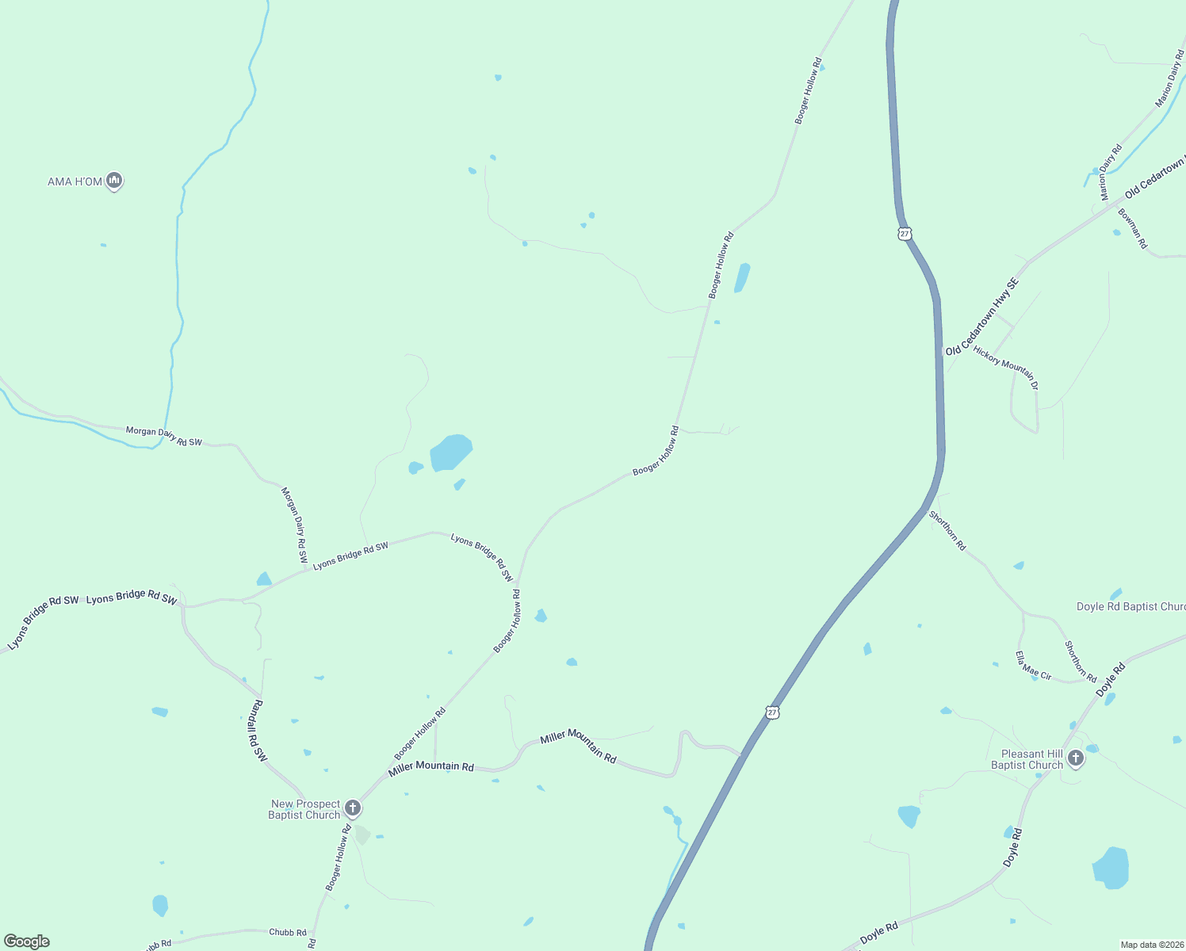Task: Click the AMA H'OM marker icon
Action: point(114,181)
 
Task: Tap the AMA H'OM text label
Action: point(75,181)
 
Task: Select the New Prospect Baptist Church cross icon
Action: point(354,808)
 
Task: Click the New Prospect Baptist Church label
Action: point(305,809)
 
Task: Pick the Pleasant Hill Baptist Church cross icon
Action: point(1076,758)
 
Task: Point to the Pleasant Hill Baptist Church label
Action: point(1027,759)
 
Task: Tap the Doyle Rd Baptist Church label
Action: point(1131,606)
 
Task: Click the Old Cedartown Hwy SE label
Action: point(982,316)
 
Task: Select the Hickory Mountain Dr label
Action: point(1005,367)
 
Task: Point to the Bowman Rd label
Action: point(1133,228)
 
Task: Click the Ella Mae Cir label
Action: point(1034,666)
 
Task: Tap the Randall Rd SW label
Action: point(259,730)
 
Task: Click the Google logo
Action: point(27,941)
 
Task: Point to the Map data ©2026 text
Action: point(1151,945)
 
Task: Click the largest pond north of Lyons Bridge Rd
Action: point(451,453)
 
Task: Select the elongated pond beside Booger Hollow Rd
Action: point(742,277)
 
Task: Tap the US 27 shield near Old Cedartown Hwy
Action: point(905,234)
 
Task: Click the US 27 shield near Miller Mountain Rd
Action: point(773,712)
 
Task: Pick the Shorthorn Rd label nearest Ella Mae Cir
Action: point(1081,661)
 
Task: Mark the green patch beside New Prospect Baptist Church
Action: point(362,835)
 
